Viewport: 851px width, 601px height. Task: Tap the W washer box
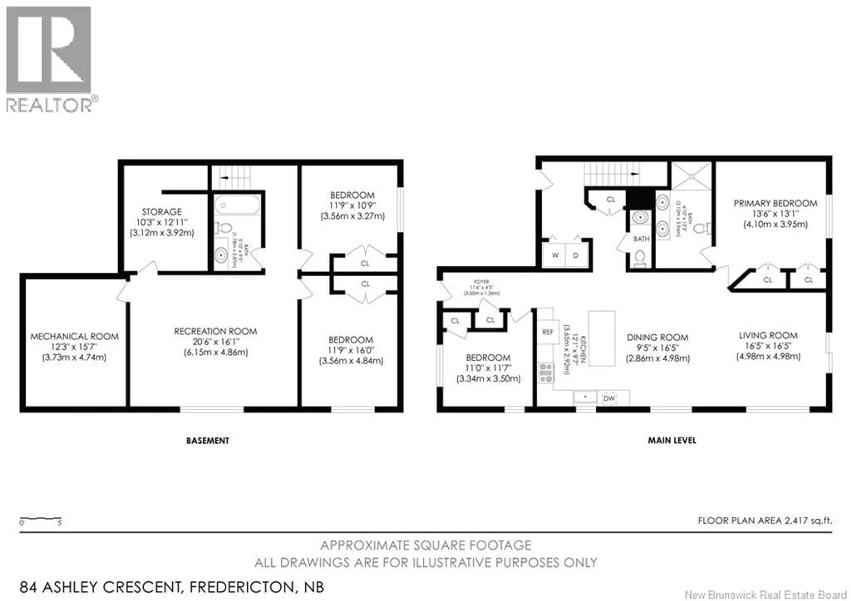coord(555,255)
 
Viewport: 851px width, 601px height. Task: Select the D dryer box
coord(576,255)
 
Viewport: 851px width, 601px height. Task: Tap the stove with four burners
coord(546,373)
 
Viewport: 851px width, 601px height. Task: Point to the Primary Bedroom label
coord(775,203)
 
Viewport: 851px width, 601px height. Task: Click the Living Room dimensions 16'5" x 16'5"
coord(768,346)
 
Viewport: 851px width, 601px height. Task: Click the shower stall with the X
coord(692,176)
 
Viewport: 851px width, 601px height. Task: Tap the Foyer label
coord(482,282)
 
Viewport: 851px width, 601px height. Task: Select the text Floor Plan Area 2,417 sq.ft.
coord(765,521)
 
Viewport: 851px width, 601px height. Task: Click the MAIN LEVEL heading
coord(672,440)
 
